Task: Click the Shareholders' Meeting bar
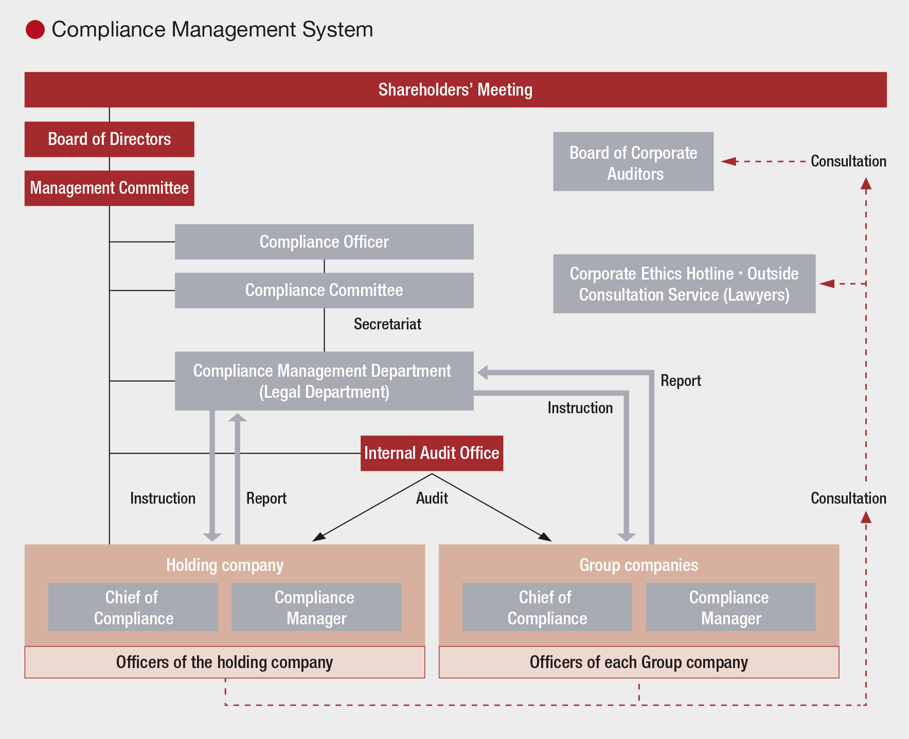[455, 89]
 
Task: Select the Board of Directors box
[109, 139]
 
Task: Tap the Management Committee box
[109, 188]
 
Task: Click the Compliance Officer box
[324, 242]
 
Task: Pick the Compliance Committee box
[324, 290]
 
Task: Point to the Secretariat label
[387, 324]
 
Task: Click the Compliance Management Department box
[324, 381]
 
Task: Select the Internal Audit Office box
[432, 453]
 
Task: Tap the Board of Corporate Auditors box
[633, 162]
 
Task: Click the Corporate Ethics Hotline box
[684, 284]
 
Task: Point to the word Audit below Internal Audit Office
[432, 498]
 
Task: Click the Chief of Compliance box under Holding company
[133, 607]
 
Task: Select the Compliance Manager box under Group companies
[730, 607]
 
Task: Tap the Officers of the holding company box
[225, 662]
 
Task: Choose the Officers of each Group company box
[638, 662]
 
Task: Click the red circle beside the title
[35, 30]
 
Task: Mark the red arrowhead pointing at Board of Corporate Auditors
[728, 161]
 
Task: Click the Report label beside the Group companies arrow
[681, 381]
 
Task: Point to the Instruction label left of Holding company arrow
[163, 498]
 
